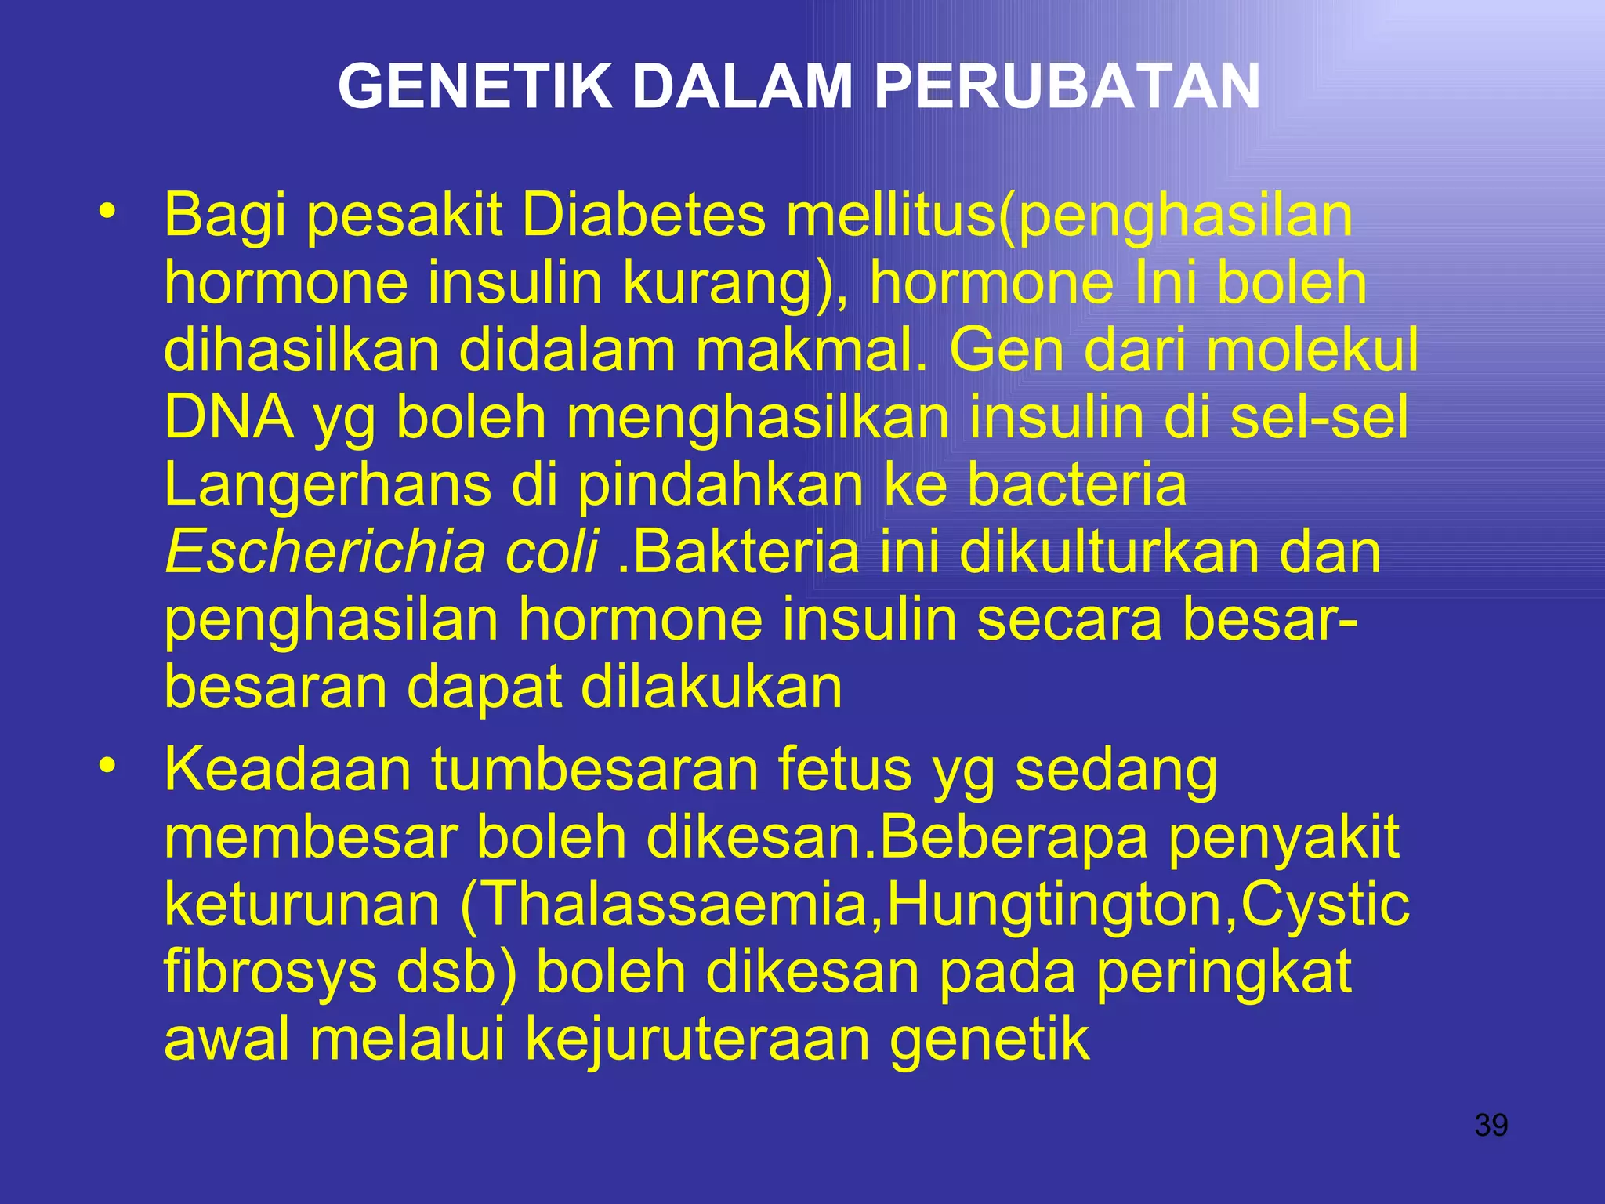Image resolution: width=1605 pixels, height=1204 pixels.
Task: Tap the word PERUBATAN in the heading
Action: tap(1067, 86)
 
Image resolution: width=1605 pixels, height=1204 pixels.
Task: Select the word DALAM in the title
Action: tap(742, 86)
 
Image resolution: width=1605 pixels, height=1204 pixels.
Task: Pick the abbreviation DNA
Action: tap(229, 418)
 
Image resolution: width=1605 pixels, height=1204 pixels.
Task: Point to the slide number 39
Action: tap(1491, 1126)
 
